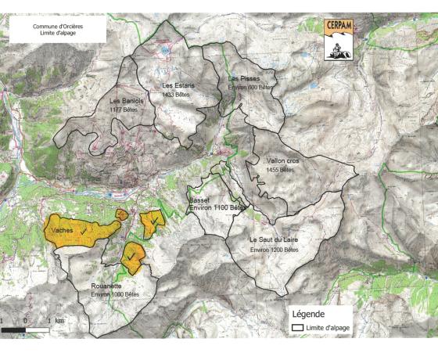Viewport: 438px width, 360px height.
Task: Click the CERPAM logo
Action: pyautogui.click(x=339, y=39)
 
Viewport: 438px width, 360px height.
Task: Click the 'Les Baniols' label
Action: pyautogui.click(x=126, y=100)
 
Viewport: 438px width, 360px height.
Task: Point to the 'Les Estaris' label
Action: pyautogui.click(x=178, y=85)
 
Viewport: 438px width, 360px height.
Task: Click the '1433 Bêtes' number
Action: pyautogui.click(x=178, y=94)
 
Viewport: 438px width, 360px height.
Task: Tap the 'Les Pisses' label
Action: pyautogui.click(x=244, y=79)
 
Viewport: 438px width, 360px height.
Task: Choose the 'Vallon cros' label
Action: pyautogui.click(x=282, y=160)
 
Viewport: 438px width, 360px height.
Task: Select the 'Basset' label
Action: pyautogui.click(x=199, y=200)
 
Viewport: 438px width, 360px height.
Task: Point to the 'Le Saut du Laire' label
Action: pyautogui.click(x=274, y=239)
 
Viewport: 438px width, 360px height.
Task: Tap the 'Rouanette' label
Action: pyautogui.click(x=105, y=285)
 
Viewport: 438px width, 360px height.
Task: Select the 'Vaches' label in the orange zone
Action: pyautogui.click(x=63, y=232)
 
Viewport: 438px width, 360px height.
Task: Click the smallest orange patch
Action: pyautogui.click(x=121, y=214)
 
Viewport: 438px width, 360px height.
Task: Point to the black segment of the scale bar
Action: pyautogui.click(x=13, y=330)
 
